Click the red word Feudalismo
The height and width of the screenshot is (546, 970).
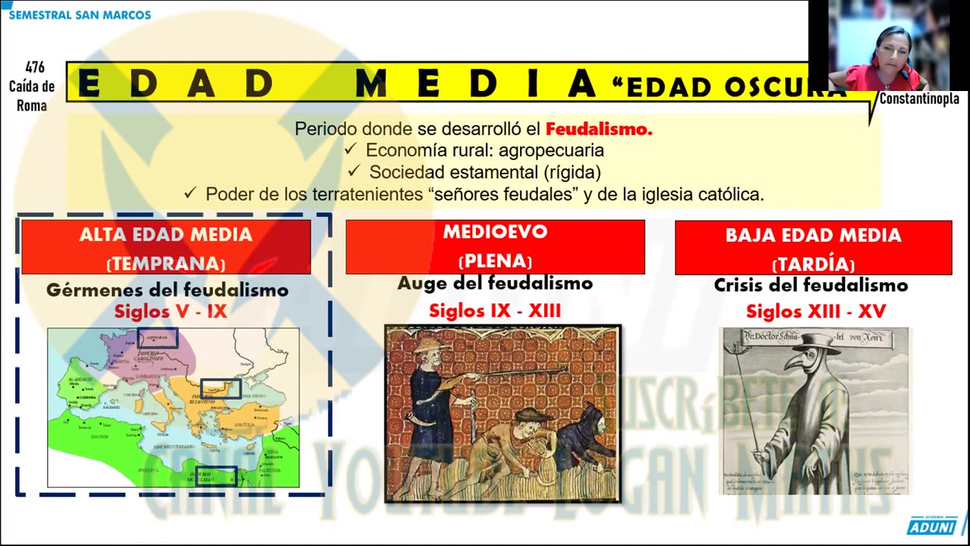[599, 129]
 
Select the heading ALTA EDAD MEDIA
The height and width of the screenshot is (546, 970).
[166, 234]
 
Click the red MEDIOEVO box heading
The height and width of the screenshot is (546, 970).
[495, 231]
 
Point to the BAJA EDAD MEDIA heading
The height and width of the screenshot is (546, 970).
[813, 235]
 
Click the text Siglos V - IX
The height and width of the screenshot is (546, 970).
[171, 311]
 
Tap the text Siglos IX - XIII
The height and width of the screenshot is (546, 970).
[495, 311]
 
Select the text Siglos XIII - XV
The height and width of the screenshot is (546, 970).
[815, 312]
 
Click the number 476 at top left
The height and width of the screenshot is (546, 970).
[35, 68]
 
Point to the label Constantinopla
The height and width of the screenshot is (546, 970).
[919, 99]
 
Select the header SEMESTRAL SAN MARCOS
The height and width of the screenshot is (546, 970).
[80, 15]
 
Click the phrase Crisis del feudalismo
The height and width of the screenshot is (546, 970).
[811, 286]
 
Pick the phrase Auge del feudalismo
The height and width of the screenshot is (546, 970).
[495, 284]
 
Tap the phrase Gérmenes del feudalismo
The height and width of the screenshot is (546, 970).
[167, 290]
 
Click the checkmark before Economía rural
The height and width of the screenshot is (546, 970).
[350, 150]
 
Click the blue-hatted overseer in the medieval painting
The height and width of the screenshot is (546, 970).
[432, 379]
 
